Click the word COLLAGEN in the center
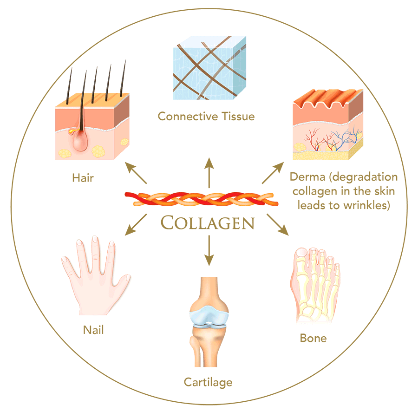point(208,222)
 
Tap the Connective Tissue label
point(206,117)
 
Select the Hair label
point(83,178)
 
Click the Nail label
point(93,330)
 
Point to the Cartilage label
point(208,382)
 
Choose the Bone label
point(313,338)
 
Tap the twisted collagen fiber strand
point(202,199)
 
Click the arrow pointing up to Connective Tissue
point(209,173)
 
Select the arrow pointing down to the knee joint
point(209,251)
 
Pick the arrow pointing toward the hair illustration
point(136,173)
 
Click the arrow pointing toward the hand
point(136,225)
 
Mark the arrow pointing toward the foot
point(278,225)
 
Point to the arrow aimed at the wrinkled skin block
point(273,173)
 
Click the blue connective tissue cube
point(209,68)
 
